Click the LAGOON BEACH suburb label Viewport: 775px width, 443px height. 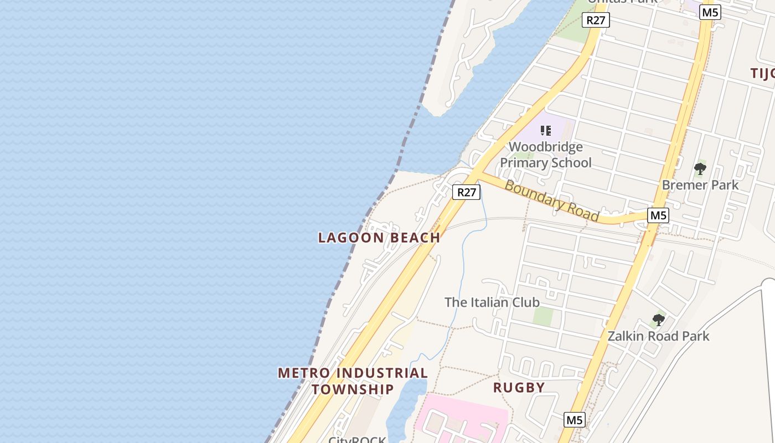tap(379, 238)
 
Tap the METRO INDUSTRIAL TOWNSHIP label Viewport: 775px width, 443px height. tap(353, 381)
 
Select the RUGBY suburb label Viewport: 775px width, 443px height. tap(519, 388)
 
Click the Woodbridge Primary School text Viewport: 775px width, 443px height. tap(545, 155)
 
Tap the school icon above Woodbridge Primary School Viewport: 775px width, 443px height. tap(546, 131)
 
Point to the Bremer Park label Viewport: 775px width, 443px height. tap(700, 185)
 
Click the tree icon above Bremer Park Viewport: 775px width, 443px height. tap(700, 168)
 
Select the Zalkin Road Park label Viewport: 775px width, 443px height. tap(658, 336)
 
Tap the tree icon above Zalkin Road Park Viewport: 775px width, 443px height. tap(658, 320)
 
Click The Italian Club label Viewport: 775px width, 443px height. tap(492, 302)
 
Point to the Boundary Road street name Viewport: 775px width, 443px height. tap(551, 200)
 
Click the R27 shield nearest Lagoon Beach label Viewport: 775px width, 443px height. tap(466, 192)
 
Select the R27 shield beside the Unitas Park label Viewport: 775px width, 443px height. tap(596, 20)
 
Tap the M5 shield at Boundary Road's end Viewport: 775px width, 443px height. tap(658, 215)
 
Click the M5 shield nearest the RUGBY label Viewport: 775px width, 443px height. tap(574, 420)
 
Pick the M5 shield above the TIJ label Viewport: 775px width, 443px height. tap(710, 12)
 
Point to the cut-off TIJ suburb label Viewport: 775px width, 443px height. tap(762, 73)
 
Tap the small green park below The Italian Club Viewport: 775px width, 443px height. tap(543, 316)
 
